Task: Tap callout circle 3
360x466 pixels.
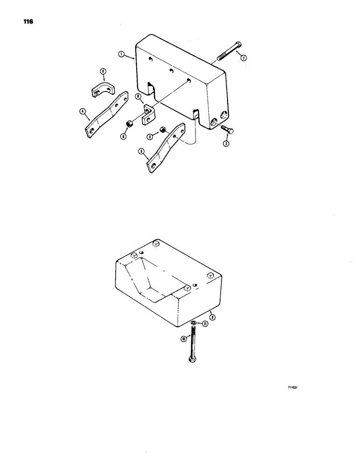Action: click(x=150, y=137)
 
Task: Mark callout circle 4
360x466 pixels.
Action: click(x=82, y=111)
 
